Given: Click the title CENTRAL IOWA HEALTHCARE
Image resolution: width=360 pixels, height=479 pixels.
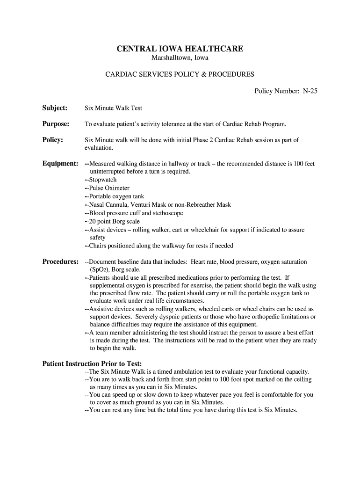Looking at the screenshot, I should (180, 49).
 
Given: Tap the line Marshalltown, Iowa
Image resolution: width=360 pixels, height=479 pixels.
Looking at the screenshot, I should (180, 58).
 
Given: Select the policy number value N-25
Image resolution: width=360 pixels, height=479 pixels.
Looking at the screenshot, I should (310, 91).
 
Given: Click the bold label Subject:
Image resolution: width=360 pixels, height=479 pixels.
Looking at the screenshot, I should (55, 108).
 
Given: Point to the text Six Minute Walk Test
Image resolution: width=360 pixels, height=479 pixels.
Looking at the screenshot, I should (113, 108).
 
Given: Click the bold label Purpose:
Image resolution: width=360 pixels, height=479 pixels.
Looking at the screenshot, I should (56, 124).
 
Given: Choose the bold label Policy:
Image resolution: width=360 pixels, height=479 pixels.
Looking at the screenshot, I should (53, 140).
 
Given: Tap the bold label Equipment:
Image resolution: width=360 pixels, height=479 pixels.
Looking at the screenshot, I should (60, 163).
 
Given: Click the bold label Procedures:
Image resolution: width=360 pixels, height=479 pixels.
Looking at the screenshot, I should (60, 261).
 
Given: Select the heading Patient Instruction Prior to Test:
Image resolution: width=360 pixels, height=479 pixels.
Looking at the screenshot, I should (92, 363).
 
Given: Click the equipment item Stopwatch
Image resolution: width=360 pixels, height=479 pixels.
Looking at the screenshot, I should (102, 180).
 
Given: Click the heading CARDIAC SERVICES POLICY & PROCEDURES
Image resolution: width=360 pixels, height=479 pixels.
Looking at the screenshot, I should (180, 74).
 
